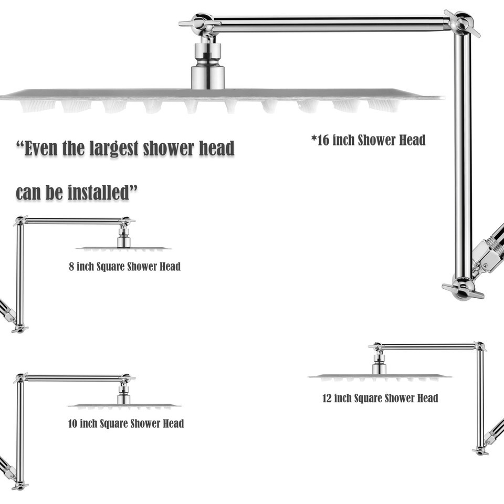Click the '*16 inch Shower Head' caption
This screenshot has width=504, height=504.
pos(369,140)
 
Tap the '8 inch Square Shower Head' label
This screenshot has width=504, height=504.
pos(125,267)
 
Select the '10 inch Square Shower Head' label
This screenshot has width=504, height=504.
pos(125,423)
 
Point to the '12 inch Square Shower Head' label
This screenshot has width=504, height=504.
pos(380,398)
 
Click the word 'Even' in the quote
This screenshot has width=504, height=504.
pos(37,148)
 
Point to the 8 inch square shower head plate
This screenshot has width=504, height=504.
pos(124,248)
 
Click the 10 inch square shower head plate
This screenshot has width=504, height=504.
pos(124,406)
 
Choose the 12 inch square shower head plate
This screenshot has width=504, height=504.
pos(380,377)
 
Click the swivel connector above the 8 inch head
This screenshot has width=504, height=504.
pos(124,237)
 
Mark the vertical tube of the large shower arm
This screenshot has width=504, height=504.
pos(463,154)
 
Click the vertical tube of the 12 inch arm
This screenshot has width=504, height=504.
pos(480,398)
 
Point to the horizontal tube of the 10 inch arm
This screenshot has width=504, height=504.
pos(73,379)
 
